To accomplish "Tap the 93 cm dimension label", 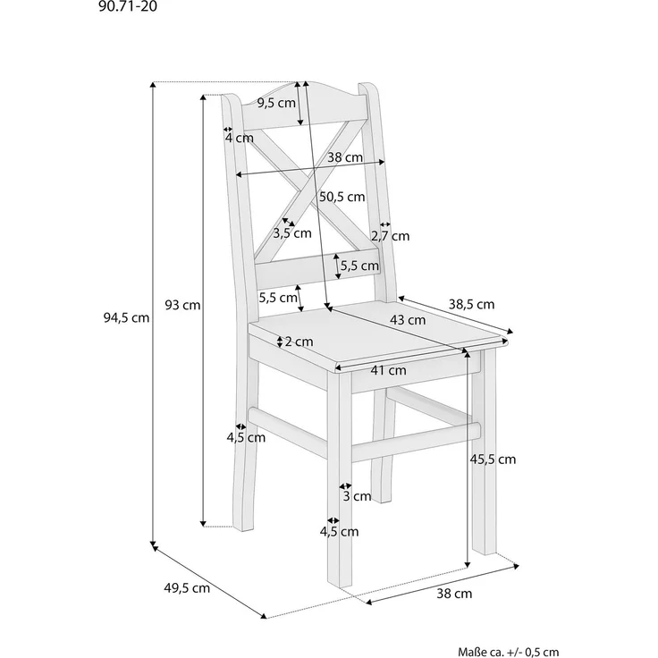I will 182,305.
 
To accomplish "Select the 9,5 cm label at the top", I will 275,103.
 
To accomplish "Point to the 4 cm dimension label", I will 239,138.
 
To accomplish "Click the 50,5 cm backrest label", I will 342,197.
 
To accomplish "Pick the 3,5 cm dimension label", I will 292,233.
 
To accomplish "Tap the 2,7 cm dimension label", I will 390,236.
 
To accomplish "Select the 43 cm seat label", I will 408,319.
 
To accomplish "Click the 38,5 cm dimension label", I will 471,304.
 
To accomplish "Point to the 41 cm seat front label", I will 389,370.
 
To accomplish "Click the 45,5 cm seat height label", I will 493,460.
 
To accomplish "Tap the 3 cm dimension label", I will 357,496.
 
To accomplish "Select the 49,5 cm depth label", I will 188,588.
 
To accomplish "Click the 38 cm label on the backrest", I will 345,157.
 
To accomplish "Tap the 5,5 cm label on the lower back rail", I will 359,265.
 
